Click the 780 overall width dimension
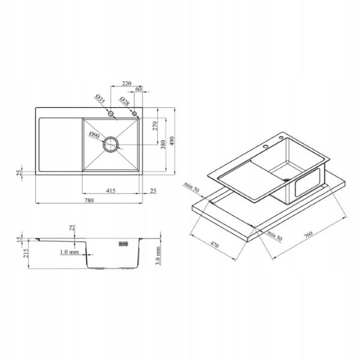pos(89,200)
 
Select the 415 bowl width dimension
pos(110,191)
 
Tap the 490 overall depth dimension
pos(172,141)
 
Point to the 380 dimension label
pos(163,145)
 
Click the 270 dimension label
pos(155,126)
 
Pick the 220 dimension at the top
pos(127,83)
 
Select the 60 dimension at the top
pos(139,89)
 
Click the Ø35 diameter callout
pos(100,99)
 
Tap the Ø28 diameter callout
pos(124,101)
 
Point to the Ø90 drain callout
pos(95,135)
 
